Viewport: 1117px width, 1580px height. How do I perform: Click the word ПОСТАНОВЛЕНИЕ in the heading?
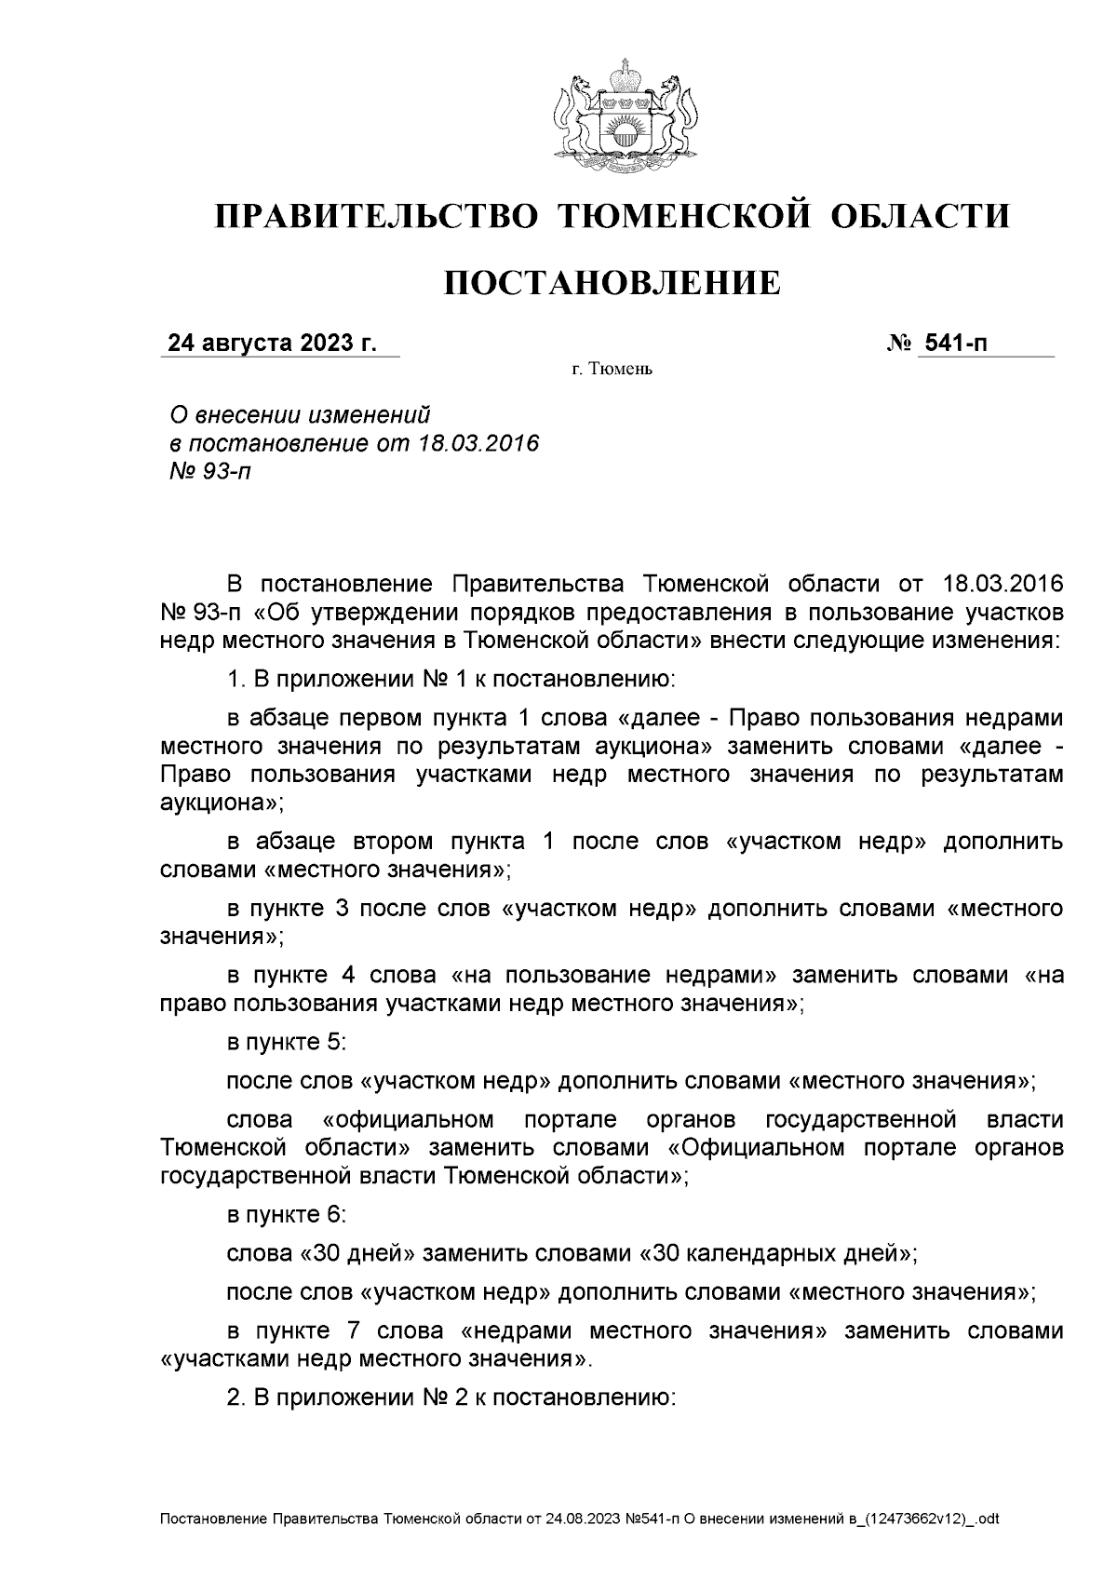(x=612, y=282)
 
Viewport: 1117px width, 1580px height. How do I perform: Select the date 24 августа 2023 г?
(x=272, y=344)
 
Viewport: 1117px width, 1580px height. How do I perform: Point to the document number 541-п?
(x=953, y=344)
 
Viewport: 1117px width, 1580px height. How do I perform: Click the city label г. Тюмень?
(x=612, y=371)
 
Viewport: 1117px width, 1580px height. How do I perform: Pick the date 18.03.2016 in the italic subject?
(x=478, y=442)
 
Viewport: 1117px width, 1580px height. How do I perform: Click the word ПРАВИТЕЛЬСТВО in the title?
(x=377, y=216)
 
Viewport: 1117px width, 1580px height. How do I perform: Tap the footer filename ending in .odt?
(x=579, y=1519)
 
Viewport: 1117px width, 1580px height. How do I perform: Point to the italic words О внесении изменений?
(x=299, y=413)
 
